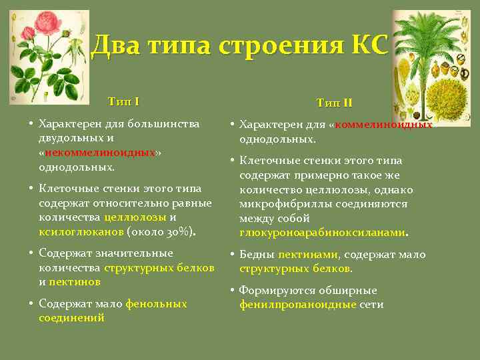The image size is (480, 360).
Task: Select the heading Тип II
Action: click(x=335, y=103)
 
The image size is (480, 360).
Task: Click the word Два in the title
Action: click(x=115, y=45)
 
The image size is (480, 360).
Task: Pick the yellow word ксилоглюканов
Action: click(x=81, y=231)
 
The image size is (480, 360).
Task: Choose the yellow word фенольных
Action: click(x=156, y=303)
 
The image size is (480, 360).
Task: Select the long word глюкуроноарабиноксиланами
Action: click(x=323, y=233)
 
